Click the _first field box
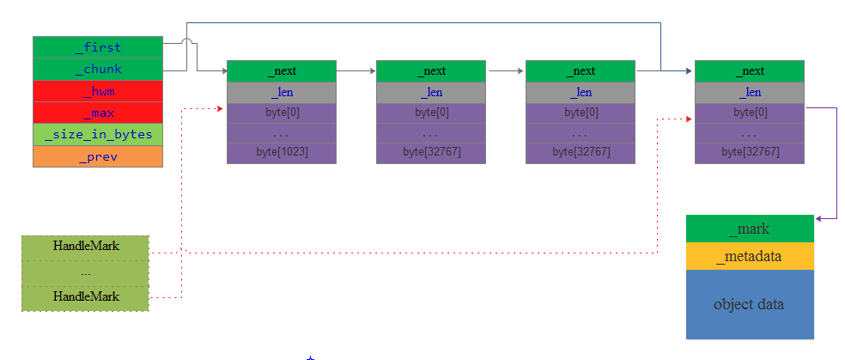click(97, 47)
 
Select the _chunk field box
click(97, 69)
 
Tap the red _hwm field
click(97, 91)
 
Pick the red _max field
click(97, 113)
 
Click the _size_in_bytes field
click(97, 134)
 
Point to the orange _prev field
click(97, 156)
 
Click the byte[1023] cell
click(282, 152)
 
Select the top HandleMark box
click(85, 247)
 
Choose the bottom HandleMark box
click(85, 297)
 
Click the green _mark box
click(749, 229)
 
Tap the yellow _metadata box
click(749, 256)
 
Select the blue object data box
click(749, 304)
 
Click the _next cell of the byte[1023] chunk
click(282, 71)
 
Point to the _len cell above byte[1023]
click(282, 92)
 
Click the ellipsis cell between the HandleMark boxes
click(85, 272)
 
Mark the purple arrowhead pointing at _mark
click(818, 219)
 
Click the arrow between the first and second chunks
click(356, 71)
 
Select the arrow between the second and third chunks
click(505, 71)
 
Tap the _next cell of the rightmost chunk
click(749, 71)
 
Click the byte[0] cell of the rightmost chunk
click(749, 113)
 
